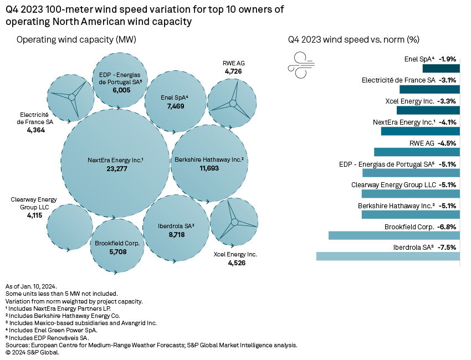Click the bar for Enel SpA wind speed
pyautogui.click(x=441, y=68)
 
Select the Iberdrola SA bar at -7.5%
pyautogui.click(x=388, y=256)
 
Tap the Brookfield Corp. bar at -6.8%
pyautogui.click(x=394, y=235)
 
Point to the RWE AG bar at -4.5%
pyautogui.click(x=417, y=152)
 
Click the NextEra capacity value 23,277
pyautogui.click(x=115, y=168)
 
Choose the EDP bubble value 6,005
pyautogui.click(x=121, y=89)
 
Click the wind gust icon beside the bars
pyautogui.click(x=300, y=64)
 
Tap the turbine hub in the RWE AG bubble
pyautogui.click(x=233, y=104)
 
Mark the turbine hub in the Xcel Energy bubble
pyautogui.click(x=234, y=223)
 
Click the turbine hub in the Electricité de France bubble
pyautogui.click(x=71, y=97)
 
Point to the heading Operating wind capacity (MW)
pyautogui.click(x=76, y=40)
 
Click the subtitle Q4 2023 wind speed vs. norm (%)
pyautogui.click(x=354, y=40)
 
